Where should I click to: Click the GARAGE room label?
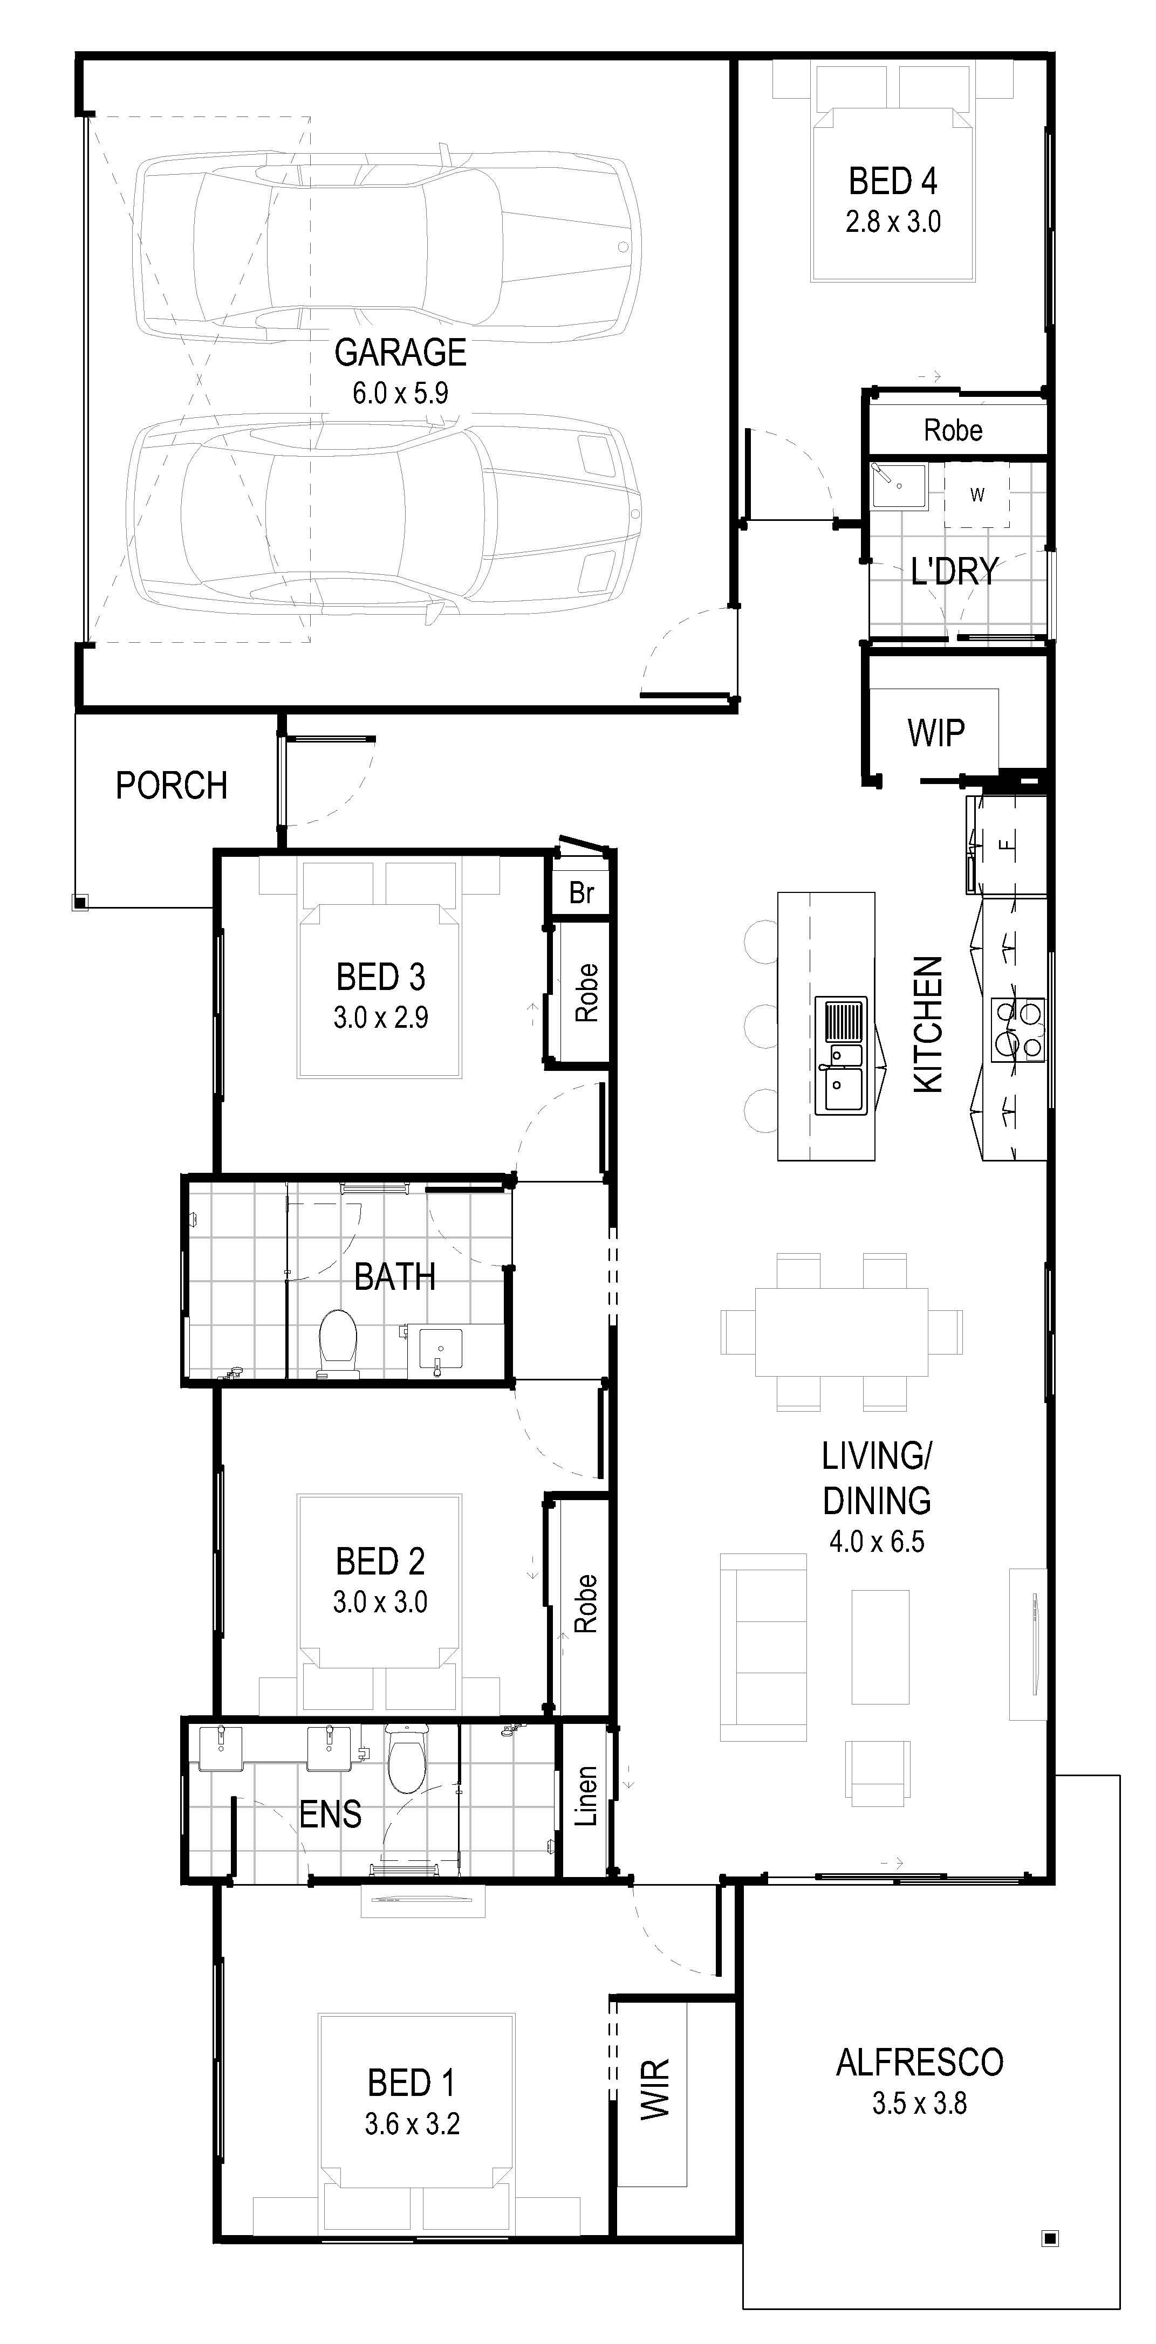click(x=400, y=352)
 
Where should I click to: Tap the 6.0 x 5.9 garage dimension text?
click(x=400, y=393)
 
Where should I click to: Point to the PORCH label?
click(x=171, y=785)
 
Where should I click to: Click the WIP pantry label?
click(x=936, y=732)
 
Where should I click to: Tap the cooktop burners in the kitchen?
click(x=1018, y=1030)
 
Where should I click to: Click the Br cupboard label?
click(x=582, y=892)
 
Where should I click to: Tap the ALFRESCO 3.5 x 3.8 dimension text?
click(x=919, y=2104)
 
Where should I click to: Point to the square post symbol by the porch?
click(x=80, y=903)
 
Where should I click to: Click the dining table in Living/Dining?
click(x=841, y=1331)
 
